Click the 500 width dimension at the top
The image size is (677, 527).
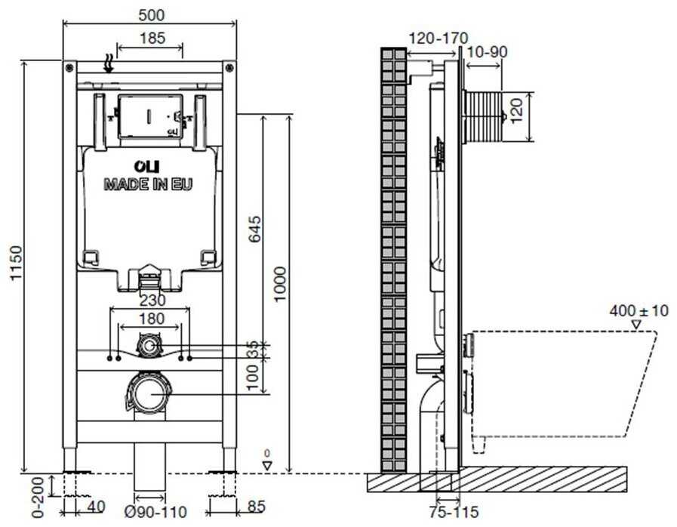point(152,15)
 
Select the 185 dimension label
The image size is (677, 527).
point(152,38)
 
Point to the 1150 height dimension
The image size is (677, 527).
point(16,263)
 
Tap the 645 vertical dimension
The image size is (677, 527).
point(255,229)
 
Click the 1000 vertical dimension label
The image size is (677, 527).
point(280,284)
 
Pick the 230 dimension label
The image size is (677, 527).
point(152,300)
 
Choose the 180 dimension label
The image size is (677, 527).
point(151,319)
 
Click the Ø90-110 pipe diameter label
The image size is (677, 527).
point(155,513)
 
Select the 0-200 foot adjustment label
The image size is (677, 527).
point(38,498)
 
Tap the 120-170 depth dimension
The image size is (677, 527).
point(438,39)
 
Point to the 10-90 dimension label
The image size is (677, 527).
point(488,52)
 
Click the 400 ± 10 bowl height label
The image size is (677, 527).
point(639,310)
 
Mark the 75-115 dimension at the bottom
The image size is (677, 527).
point(454,513)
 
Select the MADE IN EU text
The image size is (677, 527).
point(148,184)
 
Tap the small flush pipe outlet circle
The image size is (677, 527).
point(149,347)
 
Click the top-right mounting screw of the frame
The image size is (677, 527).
point(229,67)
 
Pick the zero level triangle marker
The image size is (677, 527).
point(268,466)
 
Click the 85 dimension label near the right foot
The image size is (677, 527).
point(257,507)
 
